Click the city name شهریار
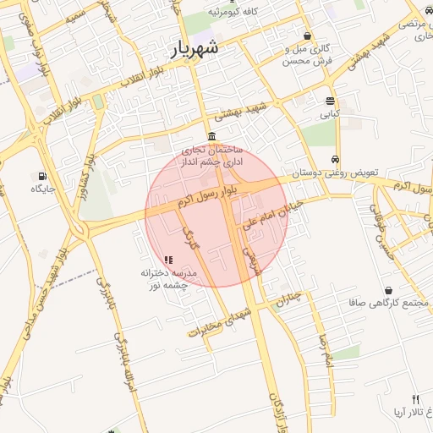(195, 48)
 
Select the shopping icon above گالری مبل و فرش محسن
(306, 36)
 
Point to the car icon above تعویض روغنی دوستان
(336, 159)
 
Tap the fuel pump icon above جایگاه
(41, 175)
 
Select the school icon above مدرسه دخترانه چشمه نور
(167, 260)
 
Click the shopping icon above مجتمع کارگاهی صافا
(388, 290)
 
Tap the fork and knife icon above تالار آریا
(414, 398)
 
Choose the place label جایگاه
(43, 189)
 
